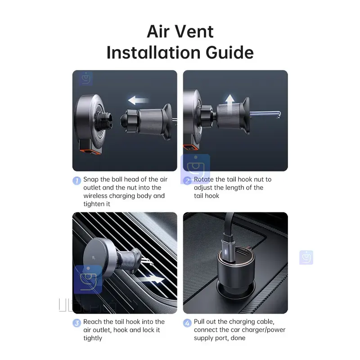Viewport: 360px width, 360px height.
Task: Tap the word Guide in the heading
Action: tap(229, 53)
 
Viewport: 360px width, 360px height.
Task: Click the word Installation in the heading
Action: tap(154, 53)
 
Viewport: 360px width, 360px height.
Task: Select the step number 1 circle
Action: tap(76, 180)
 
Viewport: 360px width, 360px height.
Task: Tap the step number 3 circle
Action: tap(76, 323)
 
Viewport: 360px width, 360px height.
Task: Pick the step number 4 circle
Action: tap(187, 323)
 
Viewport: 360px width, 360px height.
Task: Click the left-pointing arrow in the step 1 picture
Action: tap(139, 100)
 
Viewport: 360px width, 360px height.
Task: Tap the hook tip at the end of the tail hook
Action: tap(279, 115)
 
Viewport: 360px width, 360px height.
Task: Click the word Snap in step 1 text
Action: tap(91, 179)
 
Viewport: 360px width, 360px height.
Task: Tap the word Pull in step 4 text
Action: tap(199, 322)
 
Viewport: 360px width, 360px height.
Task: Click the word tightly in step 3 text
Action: tap(93, 338)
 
